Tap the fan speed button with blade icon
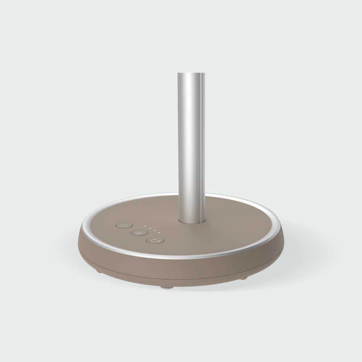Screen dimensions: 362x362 coord(139,232)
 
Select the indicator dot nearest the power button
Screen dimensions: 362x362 coord(146,227)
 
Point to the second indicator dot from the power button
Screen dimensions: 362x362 coord(150,228)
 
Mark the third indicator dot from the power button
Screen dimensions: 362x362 coord(155,230)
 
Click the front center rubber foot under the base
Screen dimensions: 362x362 coord(167,287)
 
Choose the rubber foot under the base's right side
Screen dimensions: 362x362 coord(245,278)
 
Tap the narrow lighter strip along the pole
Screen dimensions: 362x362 coord(199,145)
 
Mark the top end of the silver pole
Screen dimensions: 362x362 coord(191,74)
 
